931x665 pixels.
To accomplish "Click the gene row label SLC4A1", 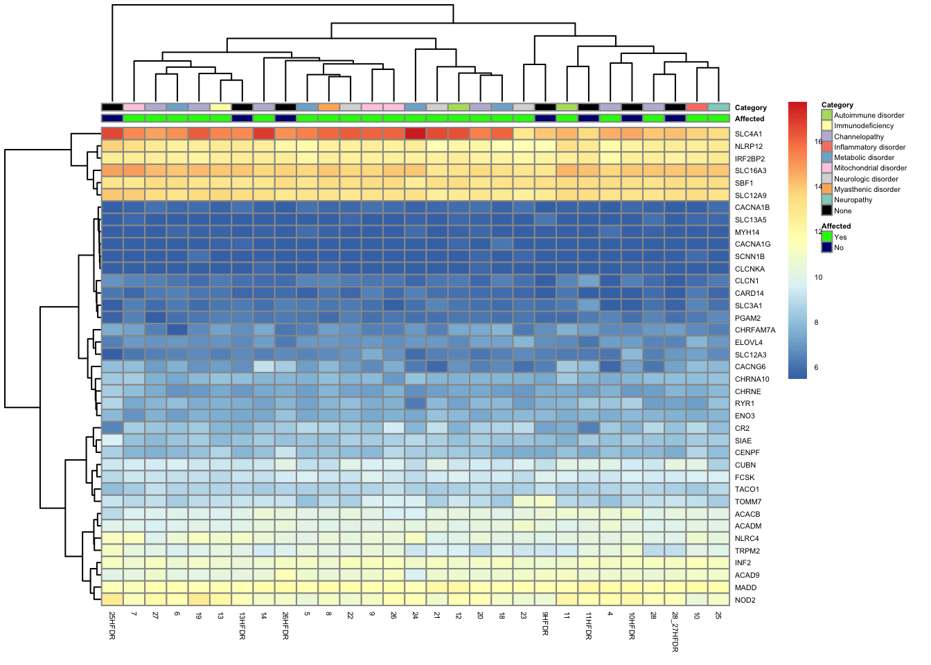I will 748,134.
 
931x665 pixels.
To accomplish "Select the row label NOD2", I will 745,600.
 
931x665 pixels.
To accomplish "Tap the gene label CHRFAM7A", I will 755,330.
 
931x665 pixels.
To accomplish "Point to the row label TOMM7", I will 747,502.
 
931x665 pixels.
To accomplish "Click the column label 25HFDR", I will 112,625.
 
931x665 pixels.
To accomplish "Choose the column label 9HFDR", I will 545,623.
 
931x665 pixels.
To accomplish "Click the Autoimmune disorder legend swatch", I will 826,115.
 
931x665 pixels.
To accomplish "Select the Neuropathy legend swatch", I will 826,199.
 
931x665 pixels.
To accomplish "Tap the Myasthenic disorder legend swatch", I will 826,189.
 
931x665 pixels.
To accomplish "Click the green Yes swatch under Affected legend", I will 826,237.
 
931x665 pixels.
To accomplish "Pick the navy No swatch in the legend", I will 826,247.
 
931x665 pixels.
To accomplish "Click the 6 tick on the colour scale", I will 816,367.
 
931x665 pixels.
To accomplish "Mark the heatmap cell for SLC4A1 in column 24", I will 415,134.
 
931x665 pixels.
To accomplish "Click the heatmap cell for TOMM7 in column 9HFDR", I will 545,502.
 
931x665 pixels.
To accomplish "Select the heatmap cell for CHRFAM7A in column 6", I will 177,330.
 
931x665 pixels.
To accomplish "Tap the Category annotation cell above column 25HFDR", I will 112,107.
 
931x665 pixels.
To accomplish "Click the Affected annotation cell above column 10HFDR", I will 632,118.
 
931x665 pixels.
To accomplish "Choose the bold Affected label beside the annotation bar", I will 750,118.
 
